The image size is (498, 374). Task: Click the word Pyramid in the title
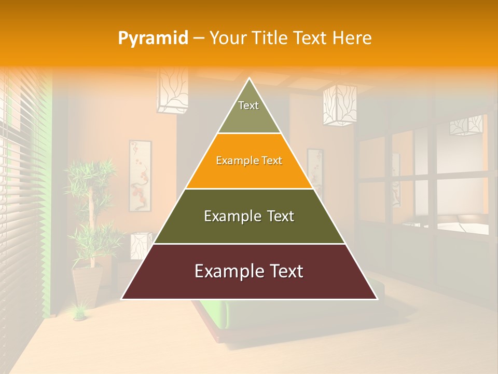tap(153, 38)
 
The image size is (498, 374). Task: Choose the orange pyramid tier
tap(249, 161)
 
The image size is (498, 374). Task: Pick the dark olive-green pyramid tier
tap(249, 216)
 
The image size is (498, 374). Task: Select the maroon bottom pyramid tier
tap(249, 272)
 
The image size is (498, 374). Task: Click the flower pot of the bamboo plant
tap(87, 286)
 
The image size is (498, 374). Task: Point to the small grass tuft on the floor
tap(79, 312)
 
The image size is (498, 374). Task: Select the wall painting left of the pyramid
tap(140, 176)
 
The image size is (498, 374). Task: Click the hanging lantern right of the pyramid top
tap(340, 105)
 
